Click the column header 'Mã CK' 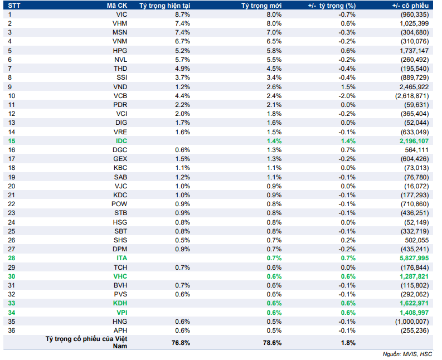click(x=116, y=6)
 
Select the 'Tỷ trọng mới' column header click(x=261, y=6)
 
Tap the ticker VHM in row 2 click(x=120, y=23)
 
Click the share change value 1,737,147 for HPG click(x=414, y=51)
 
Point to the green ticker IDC click(x=122, y=141)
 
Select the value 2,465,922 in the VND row click(x=414, y=87)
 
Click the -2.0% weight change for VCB click(x=347, y=96)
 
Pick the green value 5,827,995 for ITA click(x=414, y=258)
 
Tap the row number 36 click(x=12, y=330)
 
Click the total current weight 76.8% click(x=181, y=343)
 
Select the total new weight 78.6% click(x=273, y=343)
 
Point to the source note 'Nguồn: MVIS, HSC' click(x=407, y=354)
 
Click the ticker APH click(x=120, y=330)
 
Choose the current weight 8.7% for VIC click(x=182, y=14)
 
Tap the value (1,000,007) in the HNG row click(x=412, y=322)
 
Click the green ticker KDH click(x=120, y=303)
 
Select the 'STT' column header click(x=14, y=6)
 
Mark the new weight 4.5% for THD click(x=274, y=69)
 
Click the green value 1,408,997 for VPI click(x=414, y=313)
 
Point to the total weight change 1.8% click(x=348, y=343)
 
